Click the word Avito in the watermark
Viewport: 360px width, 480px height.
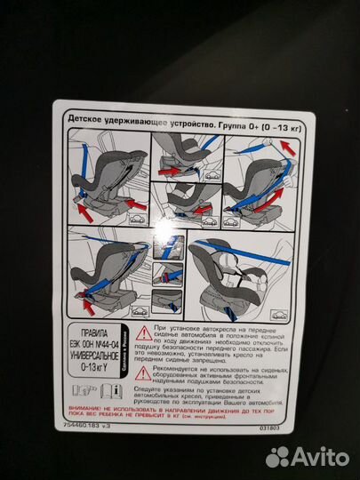(x=318, y=456)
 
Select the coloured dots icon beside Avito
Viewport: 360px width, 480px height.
(x=279, y=456)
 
